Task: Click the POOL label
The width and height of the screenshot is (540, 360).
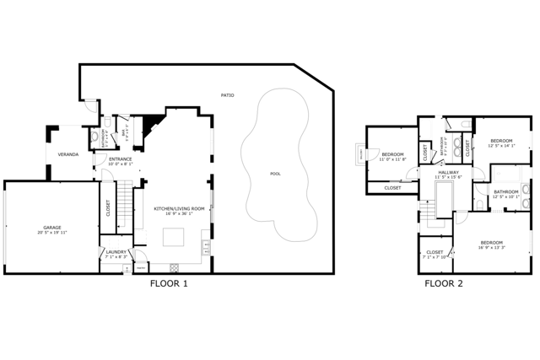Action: tap(275, 174)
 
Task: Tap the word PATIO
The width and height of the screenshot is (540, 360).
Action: tap(228, 95)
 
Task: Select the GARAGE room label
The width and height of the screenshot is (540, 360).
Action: tap(52, 228)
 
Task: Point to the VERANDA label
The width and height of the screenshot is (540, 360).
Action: tap(67, 155)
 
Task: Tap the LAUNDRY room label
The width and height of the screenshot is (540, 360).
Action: tap(116, 253)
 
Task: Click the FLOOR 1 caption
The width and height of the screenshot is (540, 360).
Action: tap(169, 284)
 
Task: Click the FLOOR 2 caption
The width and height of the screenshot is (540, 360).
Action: tap(444, 284)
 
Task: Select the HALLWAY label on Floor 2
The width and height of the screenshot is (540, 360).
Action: tap(448, 174)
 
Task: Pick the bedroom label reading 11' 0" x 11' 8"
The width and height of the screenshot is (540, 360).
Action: tap(393, 156)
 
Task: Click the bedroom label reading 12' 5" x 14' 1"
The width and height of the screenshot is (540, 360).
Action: tap(501, 142)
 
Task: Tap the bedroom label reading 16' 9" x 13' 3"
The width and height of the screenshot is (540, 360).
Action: tap(493, 244)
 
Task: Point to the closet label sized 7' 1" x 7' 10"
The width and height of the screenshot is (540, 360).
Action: tap(435, 254)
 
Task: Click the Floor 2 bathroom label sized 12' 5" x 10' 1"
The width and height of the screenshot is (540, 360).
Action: tap(506, 193)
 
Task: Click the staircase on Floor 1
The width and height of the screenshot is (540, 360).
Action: tap(125, 202)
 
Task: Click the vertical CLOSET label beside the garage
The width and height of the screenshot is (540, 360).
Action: tap(109, 207)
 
